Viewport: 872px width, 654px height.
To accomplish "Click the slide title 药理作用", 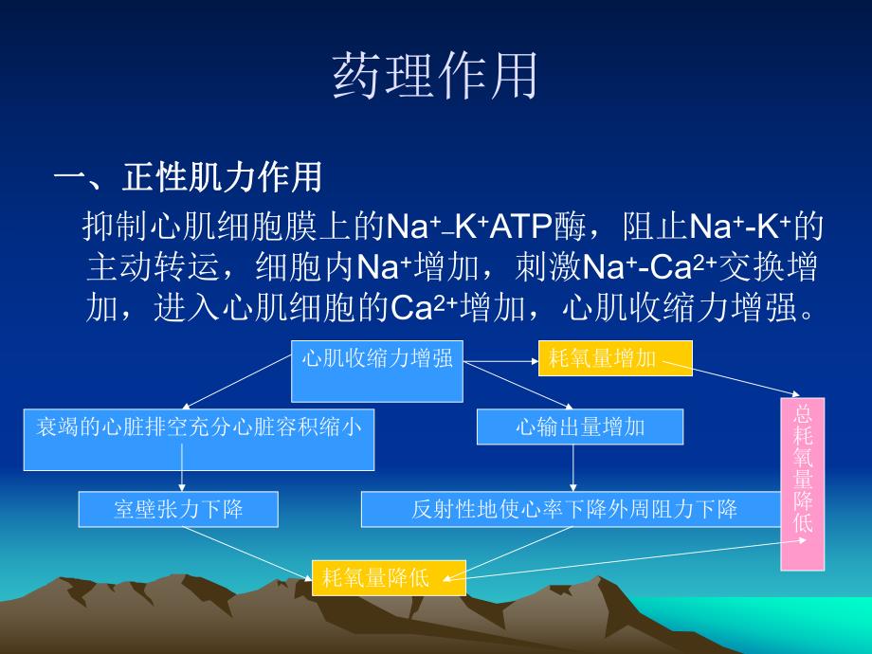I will (435, 77).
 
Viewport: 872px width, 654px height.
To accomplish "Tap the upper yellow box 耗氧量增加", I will (615, 359).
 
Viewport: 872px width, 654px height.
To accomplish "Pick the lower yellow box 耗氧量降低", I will (389, 577).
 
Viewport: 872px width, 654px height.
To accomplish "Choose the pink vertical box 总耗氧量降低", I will (802, 483).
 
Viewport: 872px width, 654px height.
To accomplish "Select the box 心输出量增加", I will (579, 427).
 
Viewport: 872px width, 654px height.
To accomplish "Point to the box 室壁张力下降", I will (178, 509).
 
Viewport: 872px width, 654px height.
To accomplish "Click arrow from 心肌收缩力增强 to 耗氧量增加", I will (500, 359).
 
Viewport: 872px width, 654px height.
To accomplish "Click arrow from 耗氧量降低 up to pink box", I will (626, 556).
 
